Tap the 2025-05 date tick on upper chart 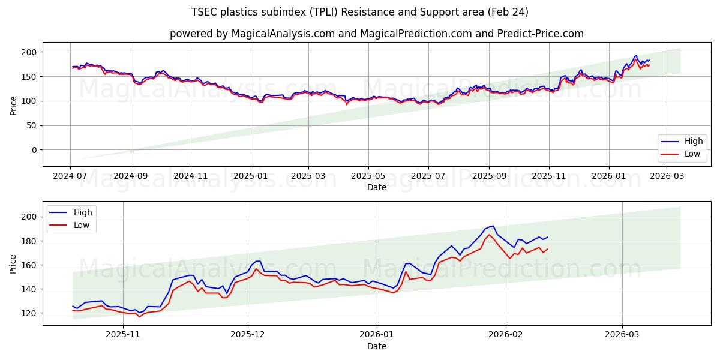point(368,177)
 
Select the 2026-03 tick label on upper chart point(667,177)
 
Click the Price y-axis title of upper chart point(13,104)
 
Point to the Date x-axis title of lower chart point(377,346)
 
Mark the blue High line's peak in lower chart point(493,226)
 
